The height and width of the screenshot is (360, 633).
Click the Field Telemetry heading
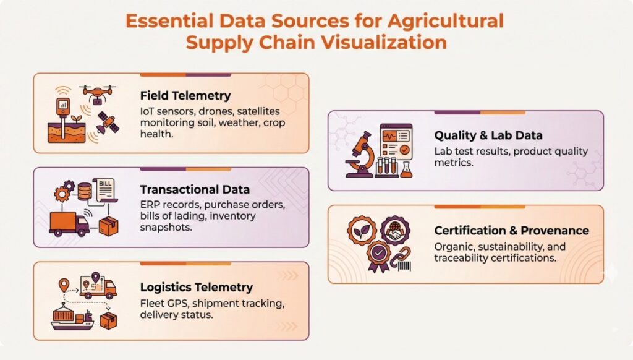coord(185,96)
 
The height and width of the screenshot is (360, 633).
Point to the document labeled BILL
coord(105,192)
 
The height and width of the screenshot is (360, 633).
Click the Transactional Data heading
coord(195,189)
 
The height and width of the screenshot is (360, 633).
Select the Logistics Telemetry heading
coord(196,287)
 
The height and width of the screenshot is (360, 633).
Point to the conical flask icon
coord(406,168)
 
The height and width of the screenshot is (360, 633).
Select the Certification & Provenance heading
coord(511,230)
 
